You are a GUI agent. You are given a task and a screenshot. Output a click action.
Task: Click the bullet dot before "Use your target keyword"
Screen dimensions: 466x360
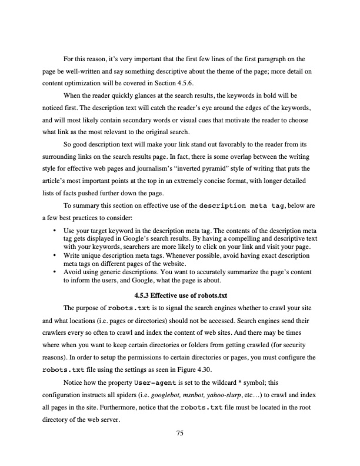coord(55,229)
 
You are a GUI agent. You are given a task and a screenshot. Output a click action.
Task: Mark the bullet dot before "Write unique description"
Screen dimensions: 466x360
coord(55,256)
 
